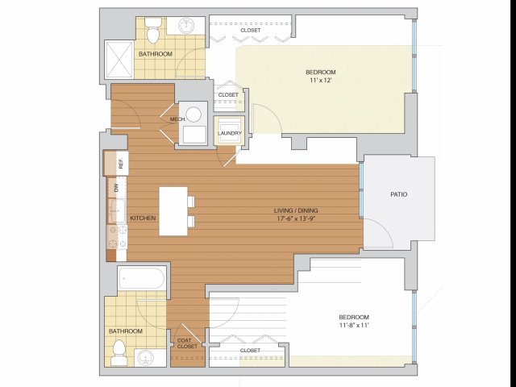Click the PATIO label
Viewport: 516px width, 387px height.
tap(398, 194)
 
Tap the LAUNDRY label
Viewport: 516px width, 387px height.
tap(229, 133)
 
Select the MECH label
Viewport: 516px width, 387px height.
tap(177, 119)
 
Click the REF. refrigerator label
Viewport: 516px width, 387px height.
tap(121, 164)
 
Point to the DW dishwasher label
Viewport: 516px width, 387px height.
tap(116, 188)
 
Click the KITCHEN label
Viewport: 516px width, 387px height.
tap(143, 218)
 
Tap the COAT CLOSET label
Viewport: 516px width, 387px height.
tap(187, 343)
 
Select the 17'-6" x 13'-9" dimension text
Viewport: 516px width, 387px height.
tap(296, 218)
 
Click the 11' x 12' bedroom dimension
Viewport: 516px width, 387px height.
tap(321, 81)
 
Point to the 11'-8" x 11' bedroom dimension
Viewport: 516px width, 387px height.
tap(354, 325)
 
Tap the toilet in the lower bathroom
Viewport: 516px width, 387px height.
tap(119, 353)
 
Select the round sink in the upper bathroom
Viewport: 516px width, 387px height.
tap(187, 26)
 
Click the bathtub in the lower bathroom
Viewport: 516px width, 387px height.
tap(142, 278)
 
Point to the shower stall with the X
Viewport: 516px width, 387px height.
tap(119, 60)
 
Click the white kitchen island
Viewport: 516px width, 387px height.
tap(173, 211)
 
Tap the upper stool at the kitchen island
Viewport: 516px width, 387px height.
tap(191, 202)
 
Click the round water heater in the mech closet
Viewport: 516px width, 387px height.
tap(193, 114)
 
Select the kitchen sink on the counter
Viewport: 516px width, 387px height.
tap(118, 210)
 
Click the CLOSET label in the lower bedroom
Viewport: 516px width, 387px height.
tap(250, 351)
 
